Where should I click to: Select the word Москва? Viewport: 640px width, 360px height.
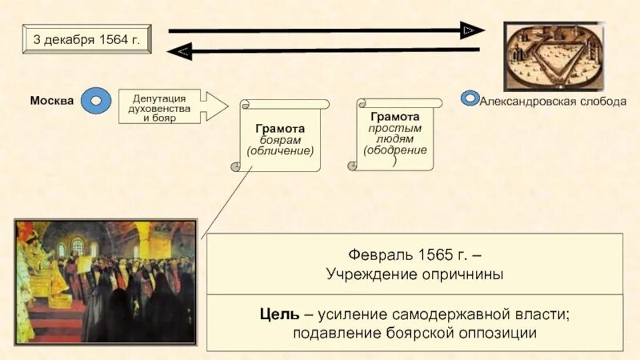[x=52, y=101]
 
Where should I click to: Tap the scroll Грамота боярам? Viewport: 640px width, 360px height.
[x=280, y=136]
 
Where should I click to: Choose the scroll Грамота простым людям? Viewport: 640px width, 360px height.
[x=394, y=134]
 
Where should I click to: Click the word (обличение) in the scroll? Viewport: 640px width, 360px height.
[x=280, y=150]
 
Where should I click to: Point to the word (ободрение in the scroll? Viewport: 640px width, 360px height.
[x=394, y=150]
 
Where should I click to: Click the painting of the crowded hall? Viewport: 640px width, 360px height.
[x=105, y=281]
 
